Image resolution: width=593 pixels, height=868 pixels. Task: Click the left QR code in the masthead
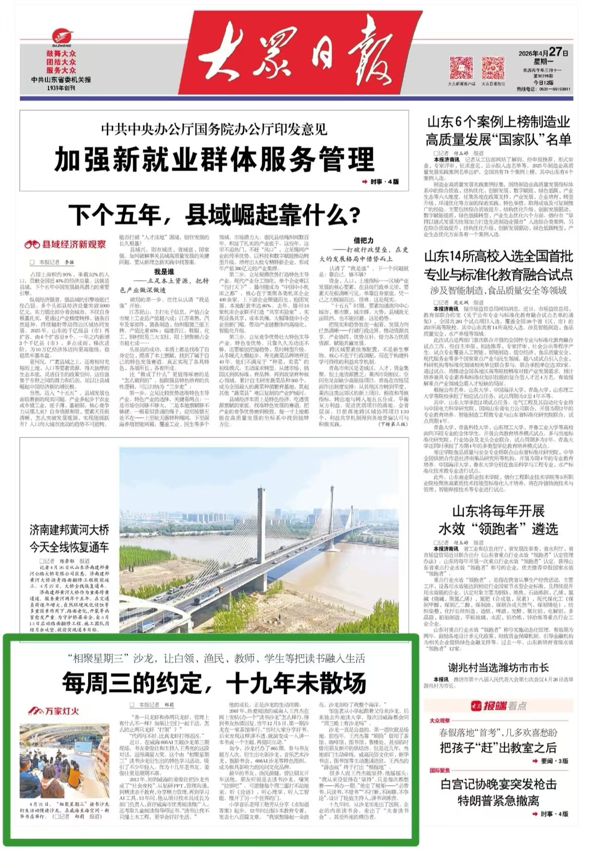pyautogui.click(x=461, y=68)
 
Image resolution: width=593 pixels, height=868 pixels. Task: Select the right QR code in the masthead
pyautogui.click(x=493, y=68)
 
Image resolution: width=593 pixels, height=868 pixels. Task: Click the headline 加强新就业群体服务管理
pyautogui.click(x=214, y=159)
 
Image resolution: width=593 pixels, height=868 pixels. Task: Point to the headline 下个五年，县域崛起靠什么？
pyautogui.click(x=214, y=214)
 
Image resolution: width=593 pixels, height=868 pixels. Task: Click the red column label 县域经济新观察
pyautogui.click(x=65, y=244)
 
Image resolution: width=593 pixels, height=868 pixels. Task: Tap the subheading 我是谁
pyautogui.click(x=164, y=272)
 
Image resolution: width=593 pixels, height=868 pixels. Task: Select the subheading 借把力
pyautogui.click(x=363, y=240)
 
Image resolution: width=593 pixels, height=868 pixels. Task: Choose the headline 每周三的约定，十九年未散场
pyautogui.click(x=214, y=682)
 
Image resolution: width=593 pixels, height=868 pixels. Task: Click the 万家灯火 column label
pyautogui.click(x=53, y=711)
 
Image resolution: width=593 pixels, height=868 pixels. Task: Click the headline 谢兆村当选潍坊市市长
pyautogui.click(x=498, y=668)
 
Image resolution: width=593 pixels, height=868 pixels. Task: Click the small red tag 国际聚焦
pyautogui.click(x=439, y=770)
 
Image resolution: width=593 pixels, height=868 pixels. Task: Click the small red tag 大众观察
pyautogui.click(x=439, y=720)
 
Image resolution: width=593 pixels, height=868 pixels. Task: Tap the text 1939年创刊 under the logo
pyautogui.click(x=61, y=88)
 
